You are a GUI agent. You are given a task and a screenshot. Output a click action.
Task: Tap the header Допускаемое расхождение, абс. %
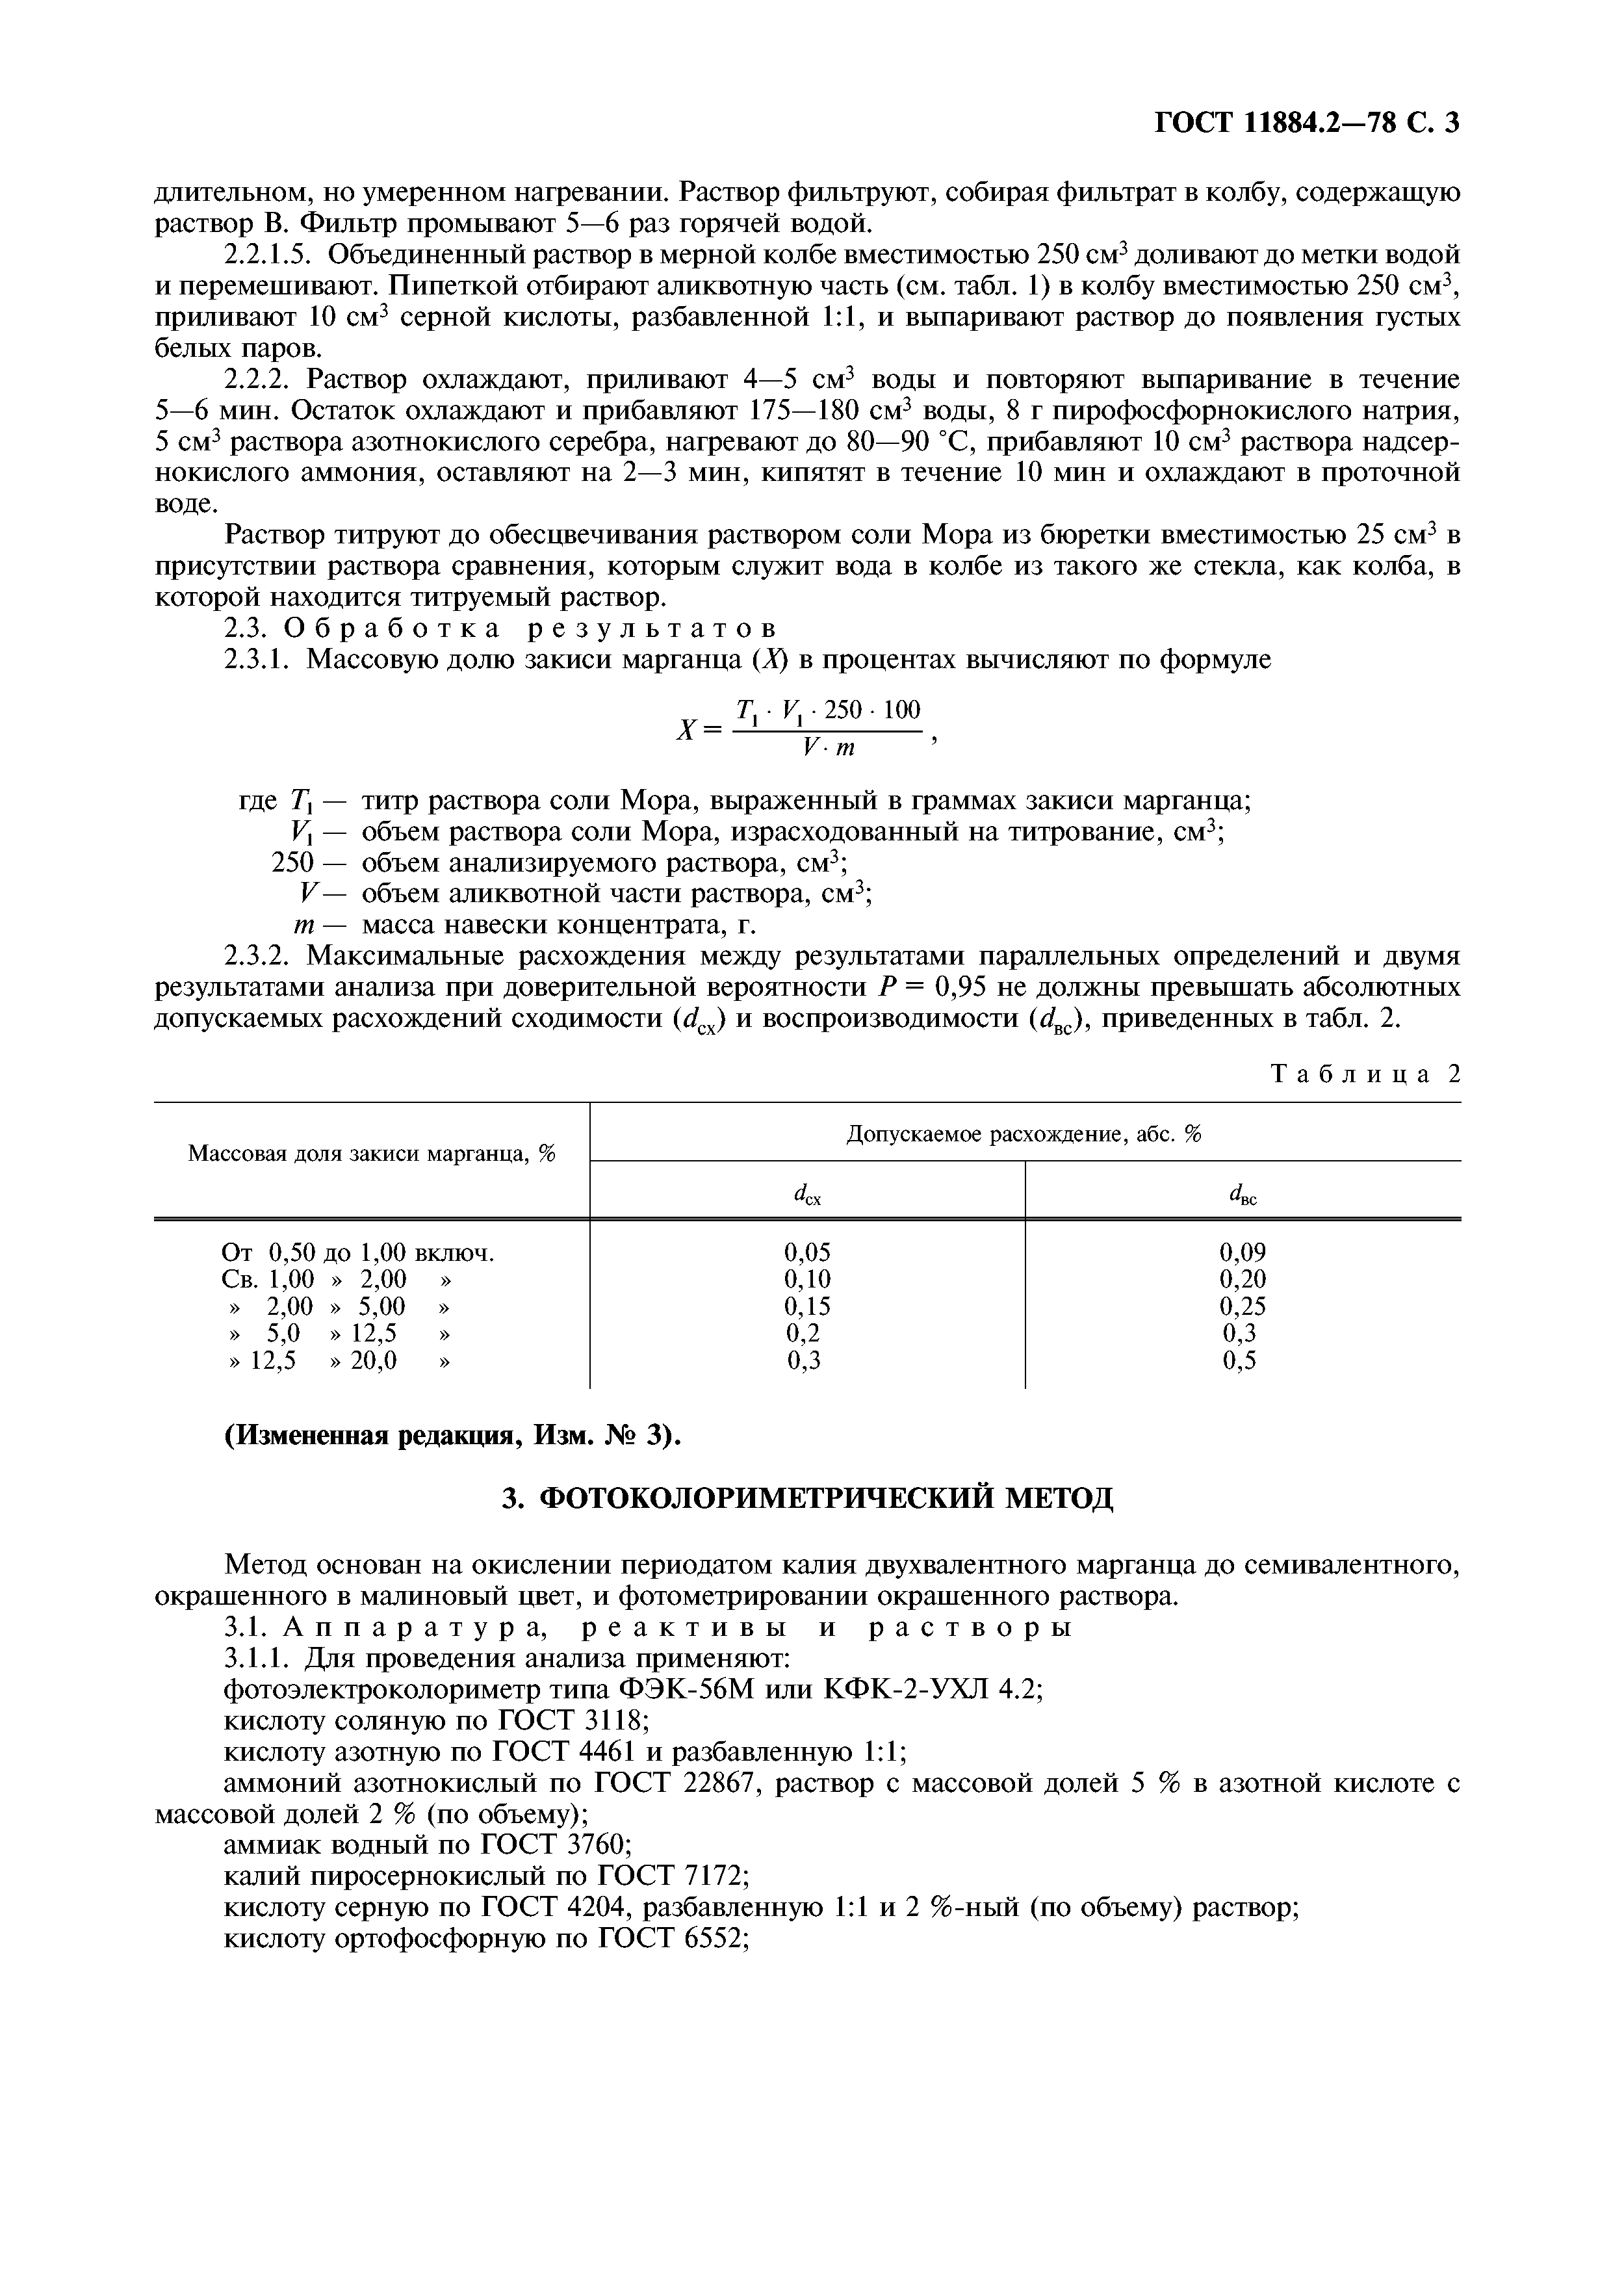1024,1134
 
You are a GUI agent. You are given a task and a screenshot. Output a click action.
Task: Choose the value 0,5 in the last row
1240,1360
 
